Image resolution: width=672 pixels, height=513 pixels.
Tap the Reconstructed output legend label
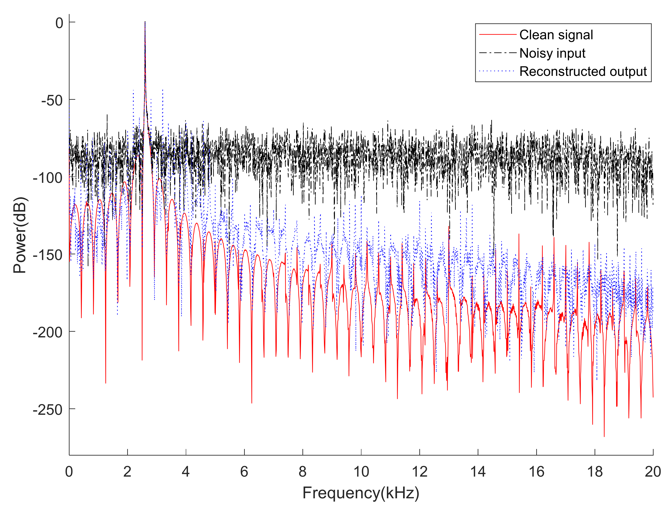pyautogui.click(x=583, y=71)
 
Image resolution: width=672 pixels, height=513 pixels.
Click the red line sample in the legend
pyautogui.click(x=497, y=35)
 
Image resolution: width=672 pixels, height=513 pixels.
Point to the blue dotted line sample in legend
pyautogui.click(x=497, y=71)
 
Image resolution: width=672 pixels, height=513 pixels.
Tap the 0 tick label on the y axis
pyautogui.click(x=59, y=23)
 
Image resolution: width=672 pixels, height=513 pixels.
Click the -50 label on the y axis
pyautogui.click(x=52, y=100)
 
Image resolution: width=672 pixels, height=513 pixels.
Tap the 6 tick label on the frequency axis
pyautogui.click(x=244, y=472)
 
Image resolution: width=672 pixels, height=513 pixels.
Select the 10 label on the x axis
pyautogui.click(x=361, y=472)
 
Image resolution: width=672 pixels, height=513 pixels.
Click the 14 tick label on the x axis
pyautogui.click(x=478, y=472)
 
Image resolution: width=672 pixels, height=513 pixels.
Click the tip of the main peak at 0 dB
pyautogui.click(x=145, y=22)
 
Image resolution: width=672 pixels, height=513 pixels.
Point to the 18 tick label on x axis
pyautogui.click(x=595, y=472)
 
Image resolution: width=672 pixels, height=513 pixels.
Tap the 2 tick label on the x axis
pyautogui.click(x=127, y=472)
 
